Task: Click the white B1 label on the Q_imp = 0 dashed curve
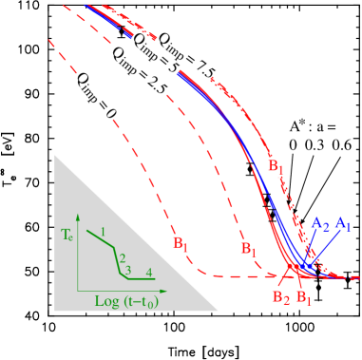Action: pos(178,245)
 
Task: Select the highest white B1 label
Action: pos(273,165)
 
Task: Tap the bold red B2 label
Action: pos(280,298)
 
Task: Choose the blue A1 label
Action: pos(343,225)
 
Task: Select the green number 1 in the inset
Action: pos(102,232)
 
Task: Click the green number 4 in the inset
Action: pos(149,273)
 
